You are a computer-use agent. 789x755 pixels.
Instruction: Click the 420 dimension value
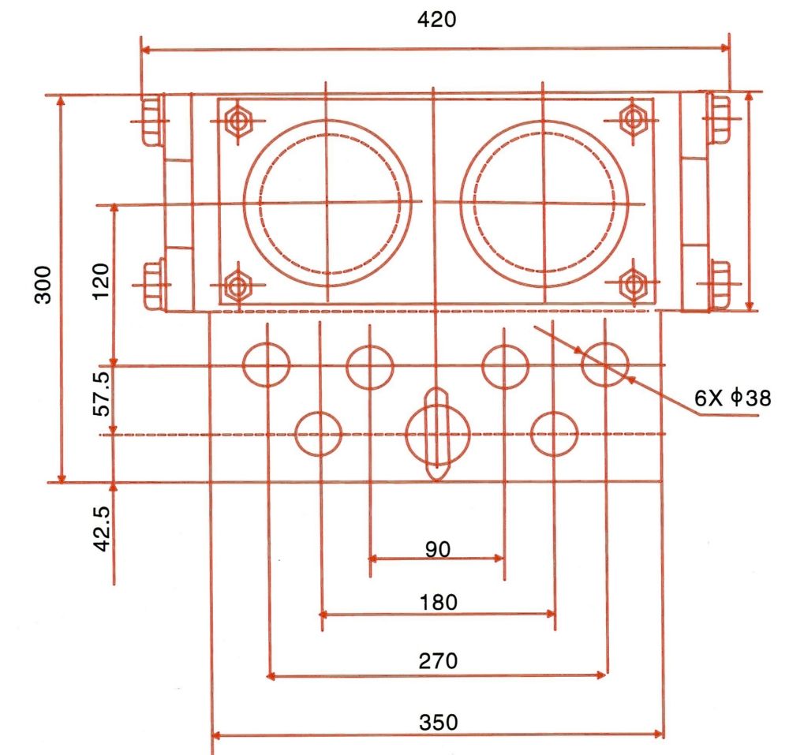pyautogui.click(x=436, y=20)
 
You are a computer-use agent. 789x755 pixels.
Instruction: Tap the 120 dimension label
pyautogui.click(x=101, y=282)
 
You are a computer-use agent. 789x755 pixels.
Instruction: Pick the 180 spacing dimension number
pyautogui.click(x=439, y=604)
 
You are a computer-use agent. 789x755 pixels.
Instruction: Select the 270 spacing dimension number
pyautogui.click(x=439, y=660)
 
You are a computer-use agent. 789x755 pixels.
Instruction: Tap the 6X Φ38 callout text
pyautogui.click(x=731, y=399)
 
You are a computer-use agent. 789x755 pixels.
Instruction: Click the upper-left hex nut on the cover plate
pyautogui.click(x=236, y=121)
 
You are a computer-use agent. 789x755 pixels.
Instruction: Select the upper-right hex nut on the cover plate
pyautogui.click(x=632, y=121)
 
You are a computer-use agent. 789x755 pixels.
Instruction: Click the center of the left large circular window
pyautogui.click(x=327, y=203)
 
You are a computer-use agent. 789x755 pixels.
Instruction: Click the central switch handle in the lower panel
pyautogui.click(x=437, y=434)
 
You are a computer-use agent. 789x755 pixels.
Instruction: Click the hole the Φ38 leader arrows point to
pyautogui.click(x=605, y=365)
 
